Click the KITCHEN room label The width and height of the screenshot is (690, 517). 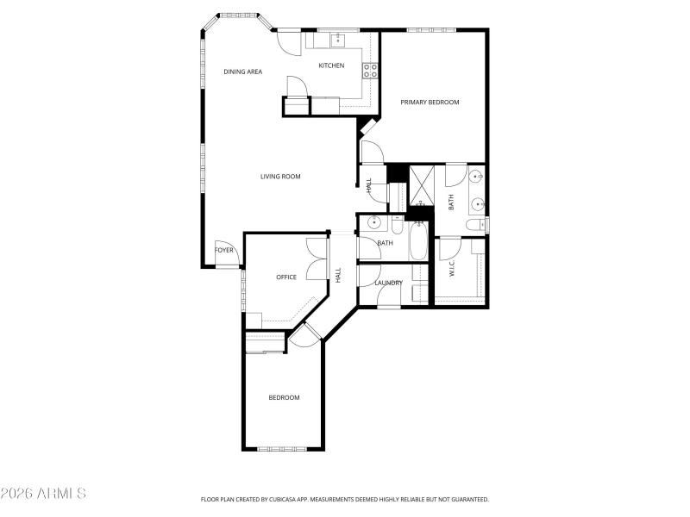pyautogui.click(x=331, y=65)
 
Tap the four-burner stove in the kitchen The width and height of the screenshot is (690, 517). pyautogui.click(x=369, y=71)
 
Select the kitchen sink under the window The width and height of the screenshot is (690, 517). pyautogui.click(x=339, y=39)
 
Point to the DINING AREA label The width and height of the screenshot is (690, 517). pyautogui.click(x=243, y=72)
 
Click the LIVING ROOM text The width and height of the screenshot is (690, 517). pyautogui.click(x=280, y=177)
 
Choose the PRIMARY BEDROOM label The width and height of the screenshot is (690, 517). pyautogui.click(x=430, y=102)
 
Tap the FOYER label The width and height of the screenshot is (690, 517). pyautogui.click(x=224, y=251)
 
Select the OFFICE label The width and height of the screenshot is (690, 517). pyautogui.click(x=286, y=277)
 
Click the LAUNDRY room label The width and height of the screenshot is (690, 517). pyautogui.click(x=389, y=283)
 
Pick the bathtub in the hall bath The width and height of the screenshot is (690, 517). pyautogui.click(x=417, y=242)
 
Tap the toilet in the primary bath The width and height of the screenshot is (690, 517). pyautogui.click(x=475, y=225)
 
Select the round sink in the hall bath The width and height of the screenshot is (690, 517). pyautogui.click(x=373, y=223)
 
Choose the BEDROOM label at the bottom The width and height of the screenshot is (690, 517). pyautogui.click(x=284, y=397)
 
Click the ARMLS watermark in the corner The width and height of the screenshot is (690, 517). pyautogui.click(x=43, y=495)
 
